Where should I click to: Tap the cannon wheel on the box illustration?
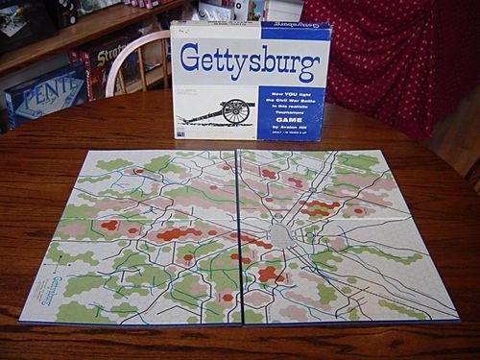tap(234, 111)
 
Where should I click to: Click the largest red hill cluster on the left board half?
tap(179, 233)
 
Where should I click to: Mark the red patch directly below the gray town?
tap(270, 275)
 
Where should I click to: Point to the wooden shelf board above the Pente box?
tap(58, 48)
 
